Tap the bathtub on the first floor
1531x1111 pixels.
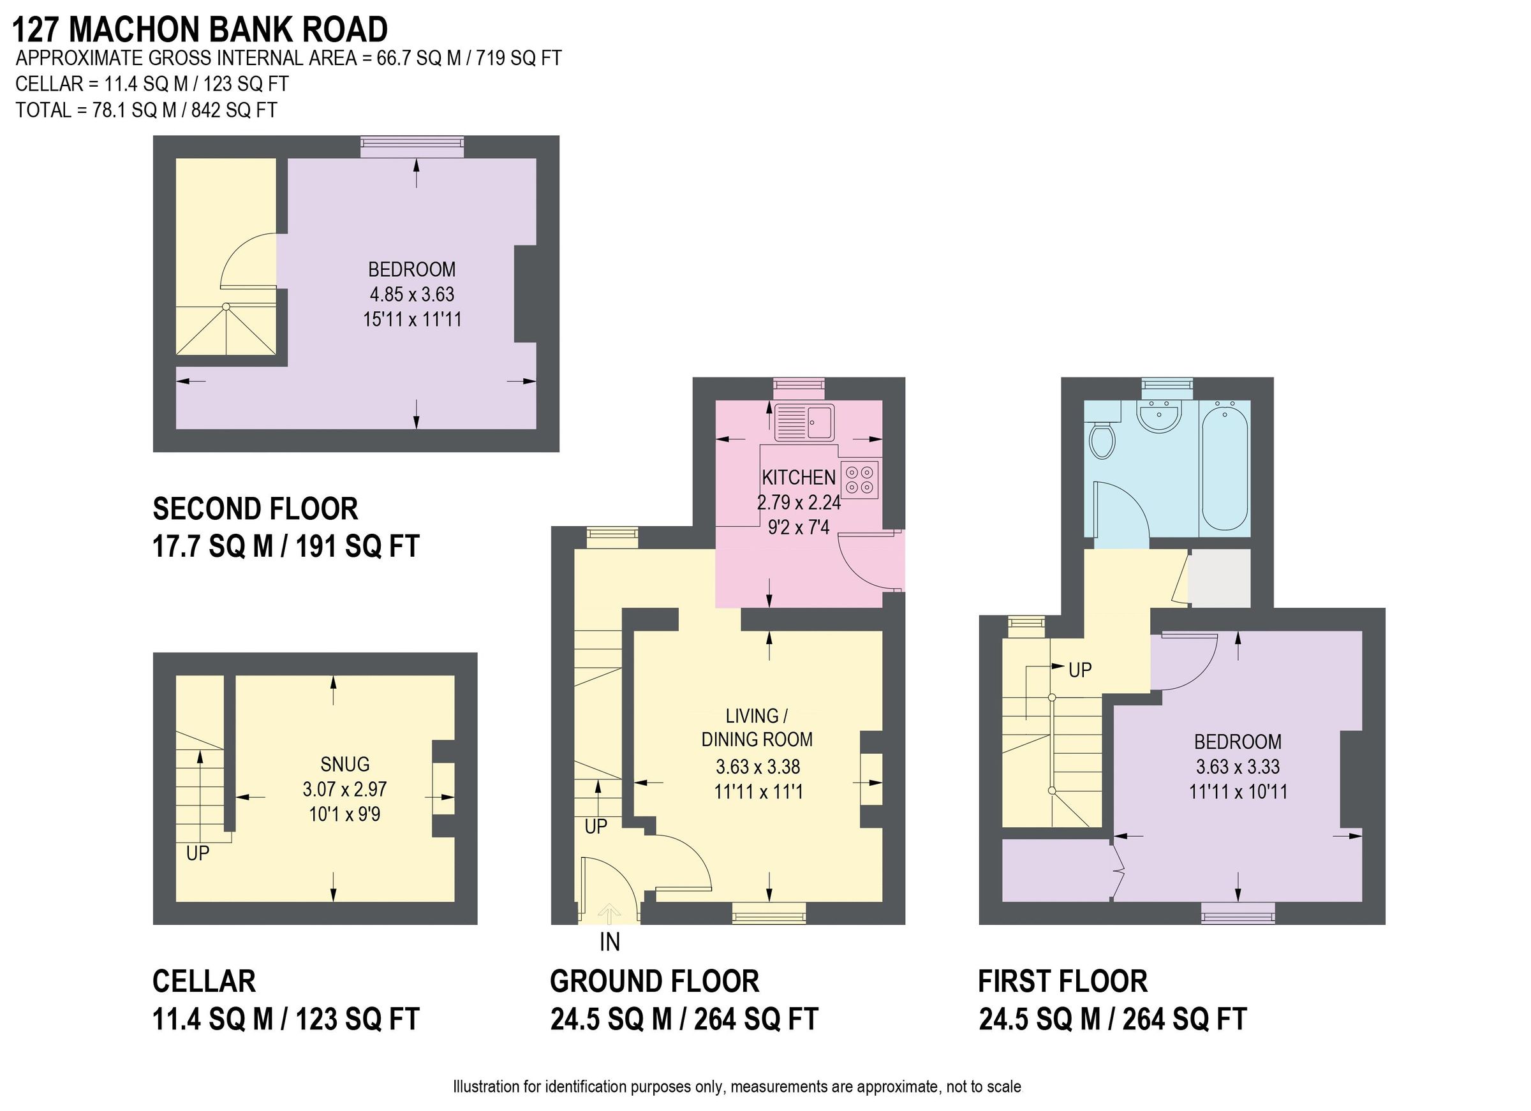pos(1225,466)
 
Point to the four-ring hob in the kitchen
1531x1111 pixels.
pos(860,479)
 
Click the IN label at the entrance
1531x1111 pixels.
pos(610,942)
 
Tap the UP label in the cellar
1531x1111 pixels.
pos(198,854)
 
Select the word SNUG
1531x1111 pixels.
pos(345,764)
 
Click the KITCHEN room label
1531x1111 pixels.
pos(799,478)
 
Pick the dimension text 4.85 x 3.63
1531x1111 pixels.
pos(412,294)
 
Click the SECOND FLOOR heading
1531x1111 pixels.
pos(255,509)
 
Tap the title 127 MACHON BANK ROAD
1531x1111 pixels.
pos(200,30)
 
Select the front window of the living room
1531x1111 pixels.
pos(769,915)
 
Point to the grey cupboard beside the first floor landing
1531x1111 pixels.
pos(1219,578)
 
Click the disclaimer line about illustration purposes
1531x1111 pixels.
pos(737,1087)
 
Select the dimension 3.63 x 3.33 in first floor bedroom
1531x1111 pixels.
pos(1238,767)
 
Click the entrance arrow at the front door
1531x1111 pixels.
pos(610,914)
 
